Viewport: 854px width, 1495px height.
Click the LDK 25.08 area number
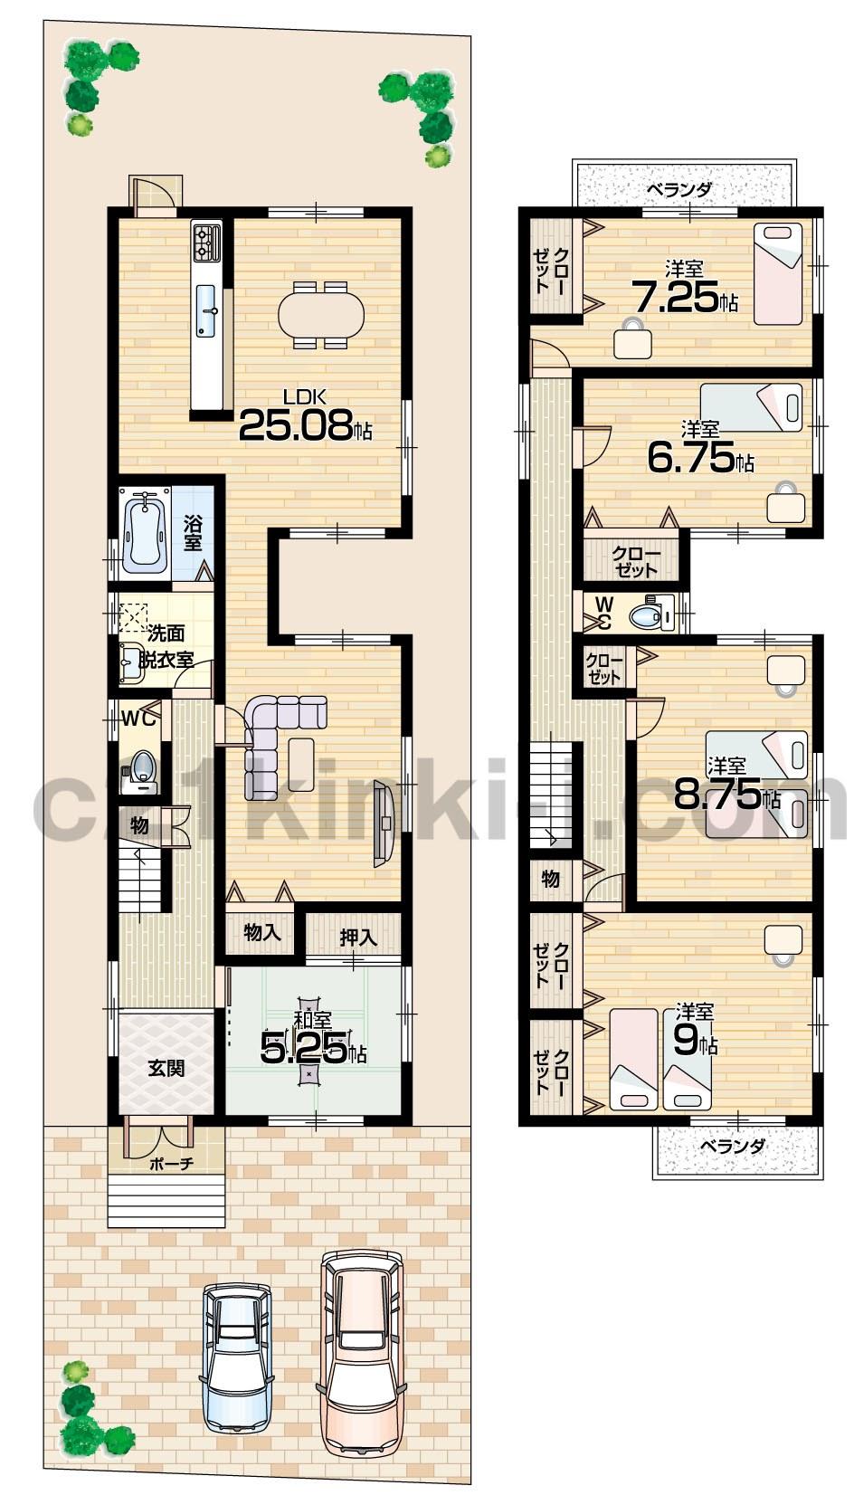tap(296, 426)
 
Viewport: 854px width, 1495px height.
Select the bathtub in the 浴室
tap(145, 533)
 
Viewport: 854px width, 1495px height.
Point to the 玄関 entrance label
tap(166, 1068)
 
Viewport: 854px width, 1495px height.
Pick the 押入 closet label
tap(358, 937)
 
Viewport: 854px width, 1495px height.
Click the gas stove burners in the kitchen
tap(207, 242)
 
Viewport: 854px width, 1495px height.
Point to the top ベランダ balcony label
tap(679, 190)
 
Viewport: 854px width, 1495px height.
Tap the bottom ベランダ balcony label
tap(733, 1146)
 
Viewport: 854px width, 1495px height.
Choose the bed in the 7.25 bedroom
tap(778, 272)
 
